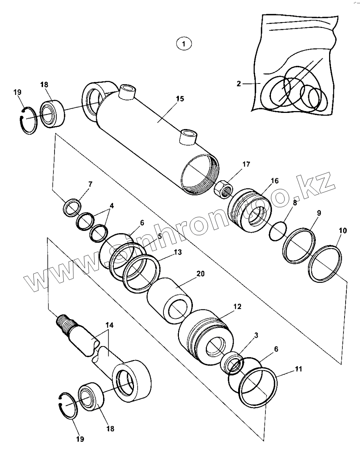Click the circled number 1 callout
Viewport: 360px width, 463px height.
click(184, 44)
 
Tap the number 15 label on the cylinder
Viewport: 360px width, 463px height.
click(180, 99)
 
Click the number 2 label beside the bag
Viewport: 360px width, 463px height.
click(239, 84)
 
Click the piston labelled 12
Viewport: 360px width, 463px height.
click(206, 338)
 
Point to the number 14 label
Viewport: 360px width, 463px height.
click(110, 325)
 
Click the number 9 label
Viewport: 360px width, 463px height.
click(319, 213)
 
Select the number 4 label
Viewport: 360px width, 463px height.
click(112, 206)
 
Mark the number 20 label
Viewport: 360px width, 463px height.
click(201, 274)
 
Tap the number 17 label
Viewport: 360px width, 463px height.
click(246, 164)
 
